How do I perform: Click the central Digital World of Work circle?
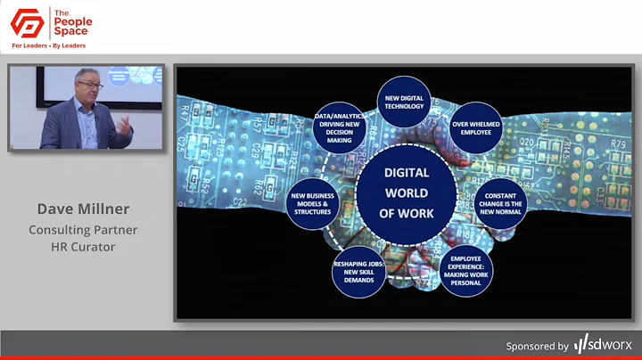pos(406,192)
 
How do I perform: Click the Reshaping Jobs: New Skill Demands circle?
pos(358,271)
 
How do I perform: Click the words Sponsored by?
pos(537,346)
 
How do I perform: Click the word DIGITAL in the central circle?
pos(406,173)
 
